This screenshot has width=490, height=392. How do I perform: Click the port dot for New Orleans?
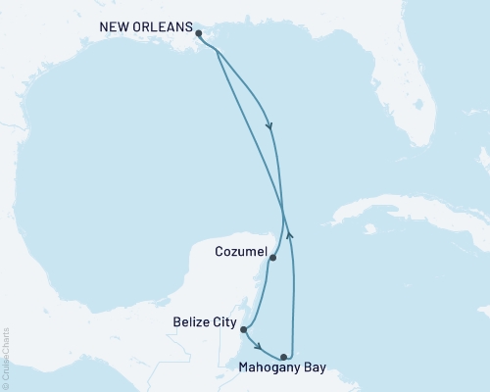[x=199, y=33]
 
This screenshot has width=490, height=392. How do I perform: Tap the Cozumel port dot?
[x=272, y=259]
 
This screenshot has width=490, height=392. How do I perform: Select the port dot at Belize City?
[x=244, y=330]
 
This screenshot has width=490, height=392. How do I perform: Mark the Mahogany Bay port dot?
[x=284, y=357]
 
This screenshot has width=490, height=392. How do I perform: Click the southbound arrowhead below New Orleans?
[x=269, y=124]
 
